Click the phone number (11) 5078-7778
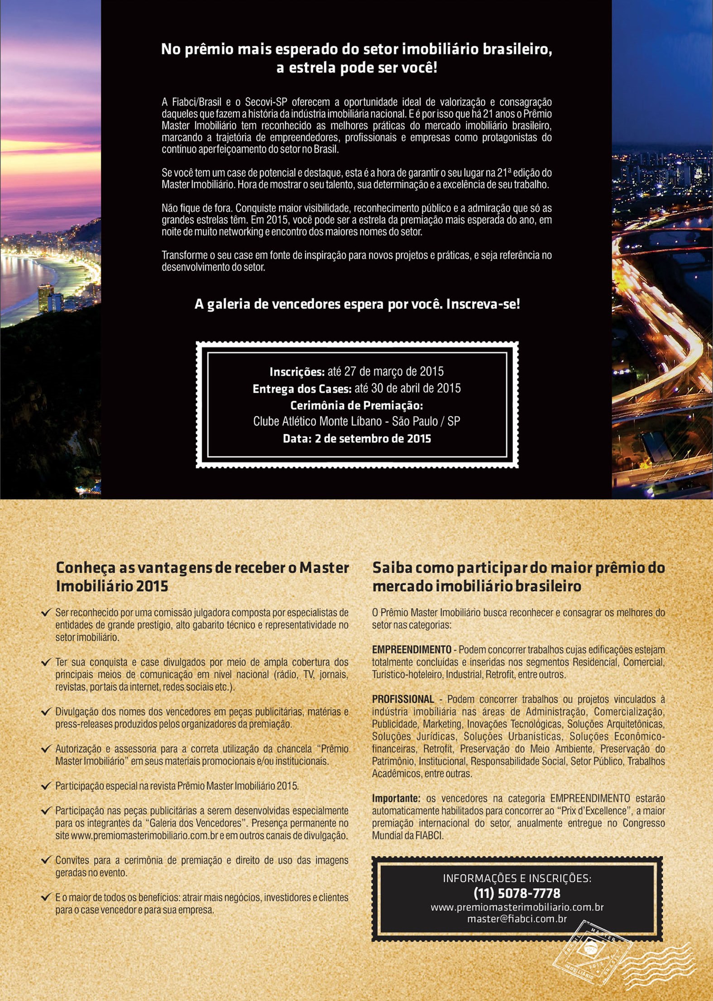click(517, 893)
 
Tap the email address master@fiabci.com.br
click(517, 919)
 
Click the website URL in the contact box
click(517, 907)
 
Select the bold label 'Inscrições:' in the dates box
click(297, 372)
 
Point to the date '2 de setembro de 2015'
click(373, 439)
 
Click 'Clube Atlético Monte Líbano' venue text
click(317, 421)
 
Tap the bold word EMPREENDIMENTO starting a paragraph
click(412, 650)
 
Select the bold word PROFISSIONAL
click(403, 699)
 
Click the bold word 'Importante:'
click(396, 798)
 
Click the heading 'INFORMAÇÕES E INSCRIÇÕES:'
click(517, 879)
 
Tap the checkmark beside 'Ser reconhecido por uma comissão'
click(46, 613)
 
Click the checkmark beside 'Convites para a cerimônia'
click(46, 860)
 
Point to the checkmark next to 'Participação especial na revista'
click(46, 786)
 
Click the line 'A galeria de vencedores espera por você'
click(357, 304)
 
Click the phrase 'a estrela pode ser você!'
click(357, 68)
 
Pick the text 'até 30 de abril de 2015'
click(407, 388)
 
